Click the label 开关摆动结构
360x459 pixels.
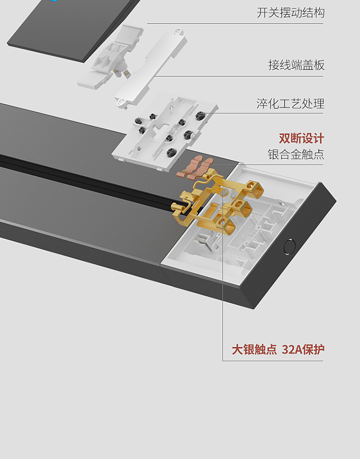(x=290, y=13)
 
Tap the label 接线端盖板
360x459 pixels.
(x=297, y=65)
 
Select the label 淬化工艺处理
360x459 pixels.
(x=290, y=104)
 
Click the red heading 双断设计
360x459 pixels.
(x=301, y=139)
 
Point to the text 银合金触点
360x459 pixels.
(x=296, y=154)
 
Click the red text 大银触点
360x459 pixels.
(x=254, y=350)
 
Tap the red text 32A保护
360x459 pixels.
(x=303, y=350)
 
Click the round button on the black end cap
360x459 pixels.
(x=289, y=247)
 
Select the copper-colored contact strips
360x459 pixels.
(x=195, y=167)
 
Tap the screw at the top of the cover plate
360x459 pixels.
(x=178, y=32)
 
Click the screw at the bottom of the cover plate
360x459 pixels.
(x=120, y=103)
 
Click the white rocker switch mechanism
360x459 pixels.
(x=110, y=57)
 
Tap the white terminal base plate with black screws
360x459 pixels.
(x=165, y=132)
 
